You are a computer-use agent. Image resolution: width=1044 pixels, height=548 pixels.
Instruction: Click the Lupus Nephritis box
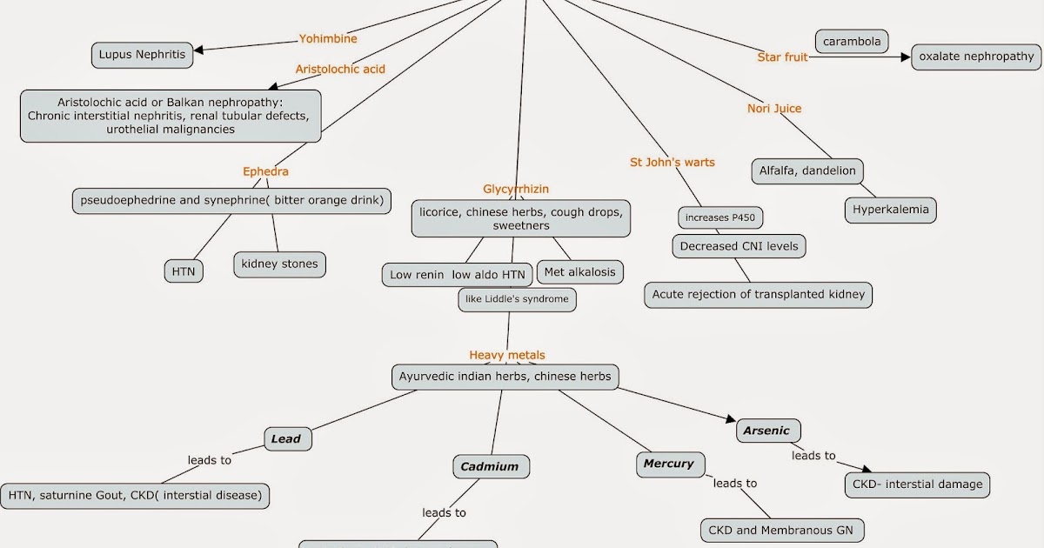coord(143,55)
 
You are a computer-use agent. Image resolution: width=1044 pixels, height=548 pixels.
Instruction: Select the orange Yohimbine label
coord(328,39)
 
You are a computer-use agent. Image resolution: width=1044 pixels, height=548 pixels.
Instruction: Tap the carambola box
coord(852,41)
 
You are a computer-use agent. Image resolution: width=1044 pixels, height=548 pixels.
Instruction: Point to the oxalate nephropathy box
coord(976,57)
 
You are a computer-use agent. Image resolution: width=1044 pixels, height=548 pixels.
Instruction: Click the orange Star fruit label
coord(783,57)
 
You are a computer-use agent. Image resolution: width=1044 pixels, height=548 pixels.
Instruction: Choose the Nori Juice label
coord(774,109)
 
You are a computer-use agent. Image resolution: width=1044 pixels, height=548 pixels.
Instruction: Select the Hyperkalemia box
coord(890,210)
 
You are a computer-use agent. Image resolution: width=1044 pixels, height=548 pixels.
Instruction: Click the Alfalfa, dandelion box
coord(807,171)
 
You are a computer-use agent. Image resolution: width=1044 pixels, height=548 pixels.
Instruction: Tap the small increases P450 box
coord(720,217)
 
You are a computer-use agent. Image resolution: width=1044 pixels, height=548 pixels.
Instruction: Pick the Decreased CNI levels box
coord(739,247)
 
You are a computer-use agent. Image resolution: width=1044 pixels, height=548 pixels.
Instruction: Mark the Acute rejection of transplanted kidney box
coord(758,294)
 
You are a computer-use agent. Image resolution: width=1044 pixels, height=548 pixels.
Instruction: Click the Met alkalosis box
coord(579,272)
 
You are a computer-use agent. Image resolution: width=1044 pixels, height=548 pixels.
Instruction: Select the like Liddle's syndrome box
coord(517,299)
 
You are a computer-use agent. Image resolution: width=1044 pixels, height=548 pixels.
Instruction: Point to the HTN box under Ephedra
coord(184,271)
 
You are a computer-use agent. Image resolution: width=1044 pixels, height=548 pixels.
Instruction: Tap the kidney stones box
coord(279,264)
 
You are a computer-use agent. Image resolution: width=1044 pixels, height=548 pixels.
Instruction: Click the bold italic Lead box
coord(286,439)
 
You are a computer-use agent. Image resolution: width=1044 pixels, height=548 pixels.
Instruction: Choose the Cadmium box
coord(490,467)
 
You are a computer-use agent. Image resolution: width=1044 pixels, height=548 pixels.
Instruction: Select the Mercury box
coord(668,464)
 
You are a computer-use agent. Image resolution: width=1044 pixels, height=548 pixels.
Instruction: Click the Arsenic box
coord(766,431)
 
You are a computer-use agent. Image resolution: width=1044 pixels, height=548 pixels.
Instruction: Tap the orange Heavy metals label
coord(507,355)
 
